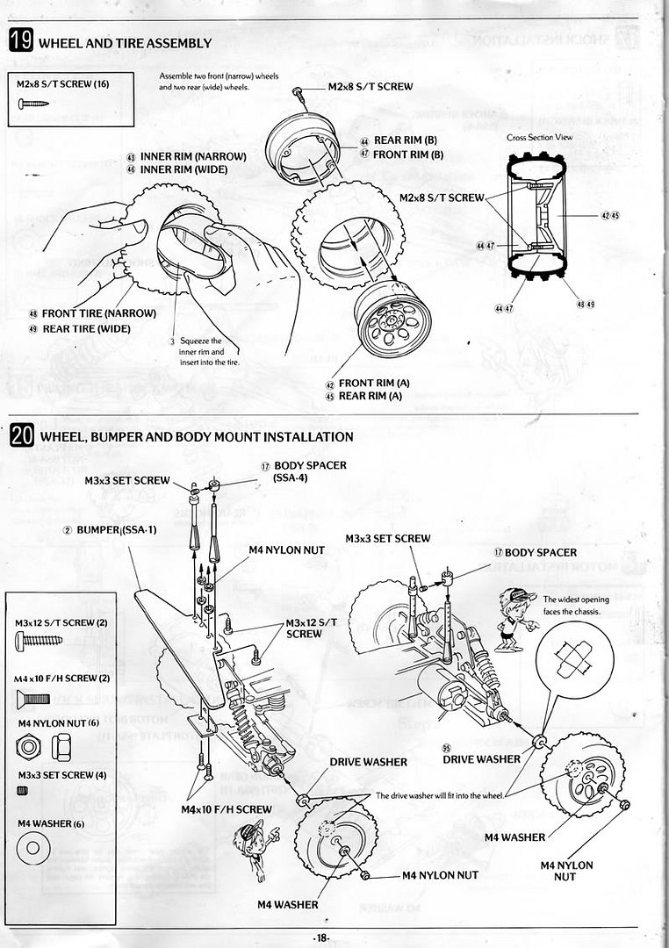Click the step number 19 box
click(21, 41)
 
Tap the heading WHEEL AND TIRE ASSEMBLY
click(126, 43)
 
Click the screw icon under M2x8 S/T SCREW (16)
click(34, 104)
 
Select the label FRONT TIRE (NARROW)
click(98, 313)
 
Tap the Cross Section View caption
click(540, 138)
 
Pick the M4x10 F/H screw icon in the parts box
click(34, 699)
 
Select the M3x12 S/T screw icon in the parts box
click(38, 640)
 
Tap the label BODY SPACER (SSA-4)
click(310, 471)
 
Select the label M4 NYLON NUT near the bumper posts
click(286, 549)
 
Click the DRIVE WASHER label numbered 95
click(480, 758)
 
